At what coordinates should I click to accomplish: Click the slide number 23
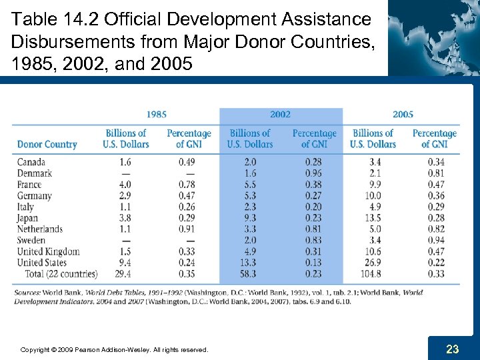coord(453,349)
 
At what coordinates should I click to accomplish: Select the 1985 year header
coord(156,115)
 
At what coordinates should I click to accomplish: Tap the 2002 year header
coord(280,115)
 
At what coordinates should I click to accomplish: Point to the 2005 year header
coord(403,115)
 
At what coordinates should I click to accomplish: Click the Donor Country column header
coord(47,144)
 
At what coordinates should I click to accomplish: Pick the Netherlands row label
coord(40,229)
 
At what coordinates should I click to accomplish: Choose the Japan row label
coord(28,218)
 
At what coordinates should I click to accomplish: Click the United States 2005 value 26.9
coord(373,263)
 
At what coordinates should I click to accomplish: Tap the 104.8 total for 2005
coord(373,274)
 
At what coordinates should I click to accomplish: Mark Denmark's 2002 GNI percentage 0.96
coord(313,173)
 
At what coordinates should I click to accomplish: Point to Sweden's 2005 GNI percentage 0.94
coord(435,241)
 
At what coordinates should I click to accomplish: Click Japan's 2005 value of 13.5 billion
coord(373,218)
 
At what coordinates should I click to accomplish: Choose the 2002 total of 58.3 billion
coord(249,274)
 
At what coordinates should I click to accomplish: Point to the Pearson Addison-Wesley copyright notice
coord(114,349)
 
